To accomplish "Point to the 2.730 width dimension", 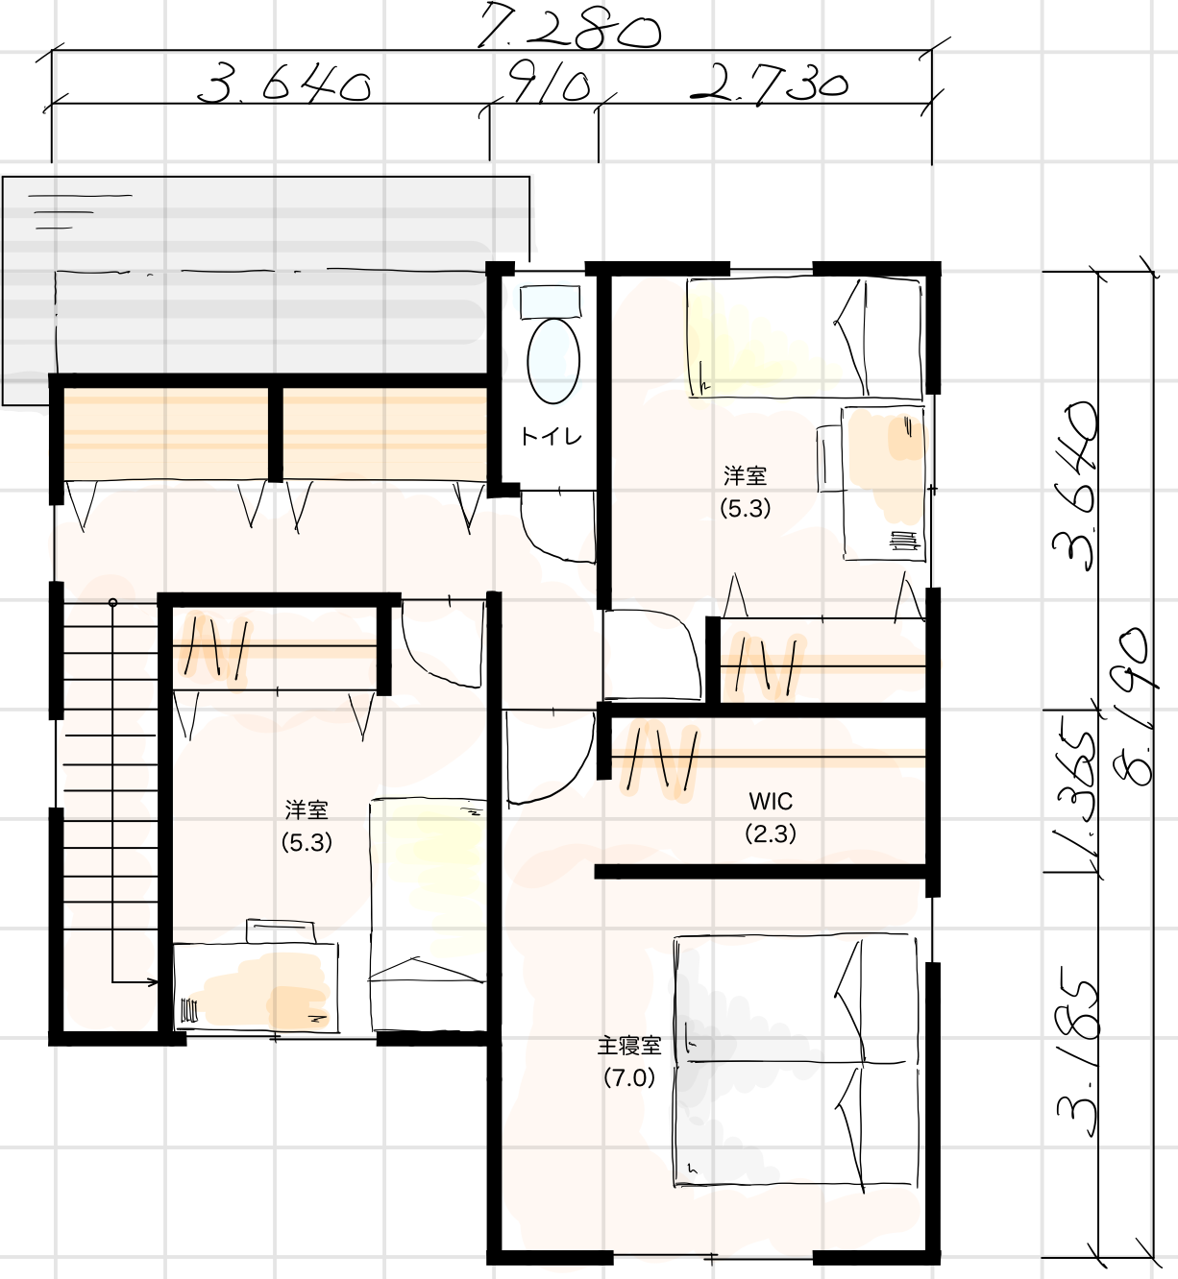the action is click(769, 84).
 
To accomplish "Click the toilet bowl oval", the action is click(553, 361).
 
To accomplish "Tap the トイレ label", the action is click(552, 437).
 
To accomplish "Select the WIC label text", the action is click(771, 801).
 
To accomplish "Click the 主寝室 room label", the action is click(629, 1046).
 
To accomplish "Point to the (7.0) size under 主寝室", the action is click(629, 1078).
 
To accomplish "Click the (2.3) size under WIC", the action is click(771, 833).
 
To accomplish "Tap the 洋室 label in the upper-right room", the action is click(746, 475).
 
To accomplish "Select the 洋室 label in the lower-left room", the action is click(307, 809).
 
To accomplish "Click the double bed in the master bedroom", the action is click(796, 1062).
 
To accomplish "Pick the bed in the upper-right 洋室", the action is click(804, 337).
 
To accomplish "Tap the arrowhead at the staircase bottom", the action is click(152, 982).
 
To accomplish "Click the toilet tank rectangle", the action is click(551, 302).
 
